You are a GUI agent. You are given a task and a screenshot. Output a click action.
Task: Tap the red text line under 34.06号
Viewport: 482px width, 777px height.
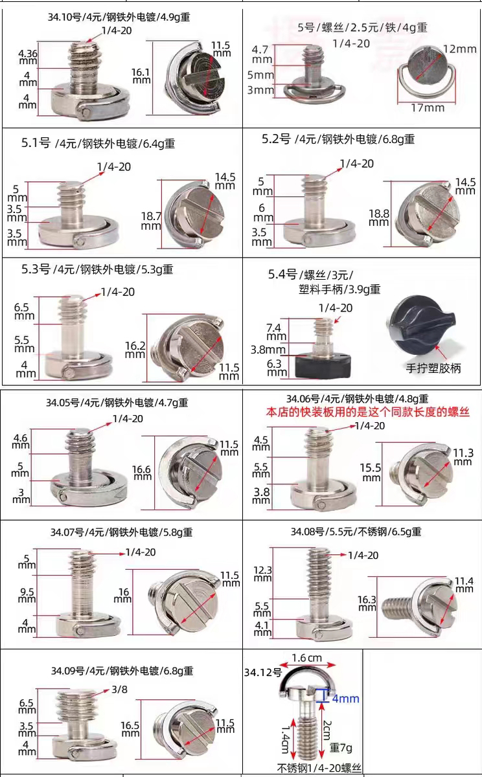tap(368, 412)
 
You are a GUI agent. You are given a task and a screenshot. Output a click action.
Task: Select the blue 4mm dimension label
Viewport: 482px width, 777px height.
tap(345, 699)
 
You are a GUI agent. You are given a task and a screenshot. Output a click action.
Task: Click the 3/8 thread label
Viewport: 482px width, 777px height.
tap(119, 690)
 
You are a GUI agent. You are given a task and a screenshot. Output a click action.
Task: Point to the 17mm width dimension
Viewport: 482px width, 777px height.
tap(428, 108)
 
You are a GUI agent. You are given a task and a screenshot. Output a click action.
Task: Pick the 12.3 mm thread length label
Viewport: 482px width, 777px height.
tap(262, 574)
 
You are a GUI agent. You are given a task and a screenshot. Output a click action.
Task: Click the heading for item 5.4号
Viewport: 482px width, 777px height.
tap(324, 282)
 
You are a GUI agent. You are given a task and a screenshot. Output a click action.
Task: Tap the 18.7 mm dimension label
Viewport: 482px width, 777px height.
tap(151, 221)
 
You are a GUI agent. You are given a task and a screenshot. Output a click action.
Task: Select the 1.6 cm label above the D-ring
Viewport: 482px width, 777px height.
tap(307, 658)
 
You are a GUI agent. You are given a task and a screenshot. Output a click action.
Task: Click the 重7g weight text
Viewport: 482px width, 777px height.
tap(341, 747)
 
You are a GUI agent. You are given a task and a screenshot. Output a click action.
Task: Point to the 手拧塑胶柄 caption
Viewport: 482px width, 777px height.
tap(433, 368)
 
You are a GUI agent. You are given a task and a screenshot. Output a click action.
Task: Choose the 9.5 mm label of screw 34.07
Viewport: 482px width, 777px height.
tap(27, 595)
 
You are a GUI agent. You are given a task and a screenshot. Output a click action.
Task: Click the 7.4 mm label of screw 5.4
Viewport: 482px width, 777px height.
tap(276, 332)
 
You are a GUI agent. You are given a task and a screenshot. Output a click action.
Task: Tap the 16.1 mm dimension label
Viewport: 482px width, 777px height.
tap(141, 76)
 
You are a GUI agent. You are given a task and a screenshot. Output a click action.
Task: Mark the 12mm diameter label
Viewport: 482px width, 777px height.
tap(460, 49)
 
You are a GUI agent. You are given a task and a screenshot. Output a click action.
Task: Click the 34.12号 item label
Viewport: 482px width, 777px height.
tap(263, 673)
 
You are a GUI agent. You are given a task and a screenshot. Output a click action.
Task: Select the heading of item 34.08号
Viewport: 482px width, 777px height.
tap(356, 532)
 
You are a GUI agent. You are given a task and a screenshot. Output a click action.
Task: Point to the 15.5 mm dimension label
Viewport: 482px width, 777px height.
tap(371, 472)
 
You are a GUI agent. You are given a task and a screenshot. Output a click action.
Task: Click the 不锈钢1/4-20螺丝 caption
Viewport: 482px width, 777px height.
tap(319, 768)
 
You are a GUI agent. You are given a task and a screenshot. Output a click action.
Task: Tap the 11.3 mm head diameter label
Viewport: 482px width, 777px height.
tap(463, 457)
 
